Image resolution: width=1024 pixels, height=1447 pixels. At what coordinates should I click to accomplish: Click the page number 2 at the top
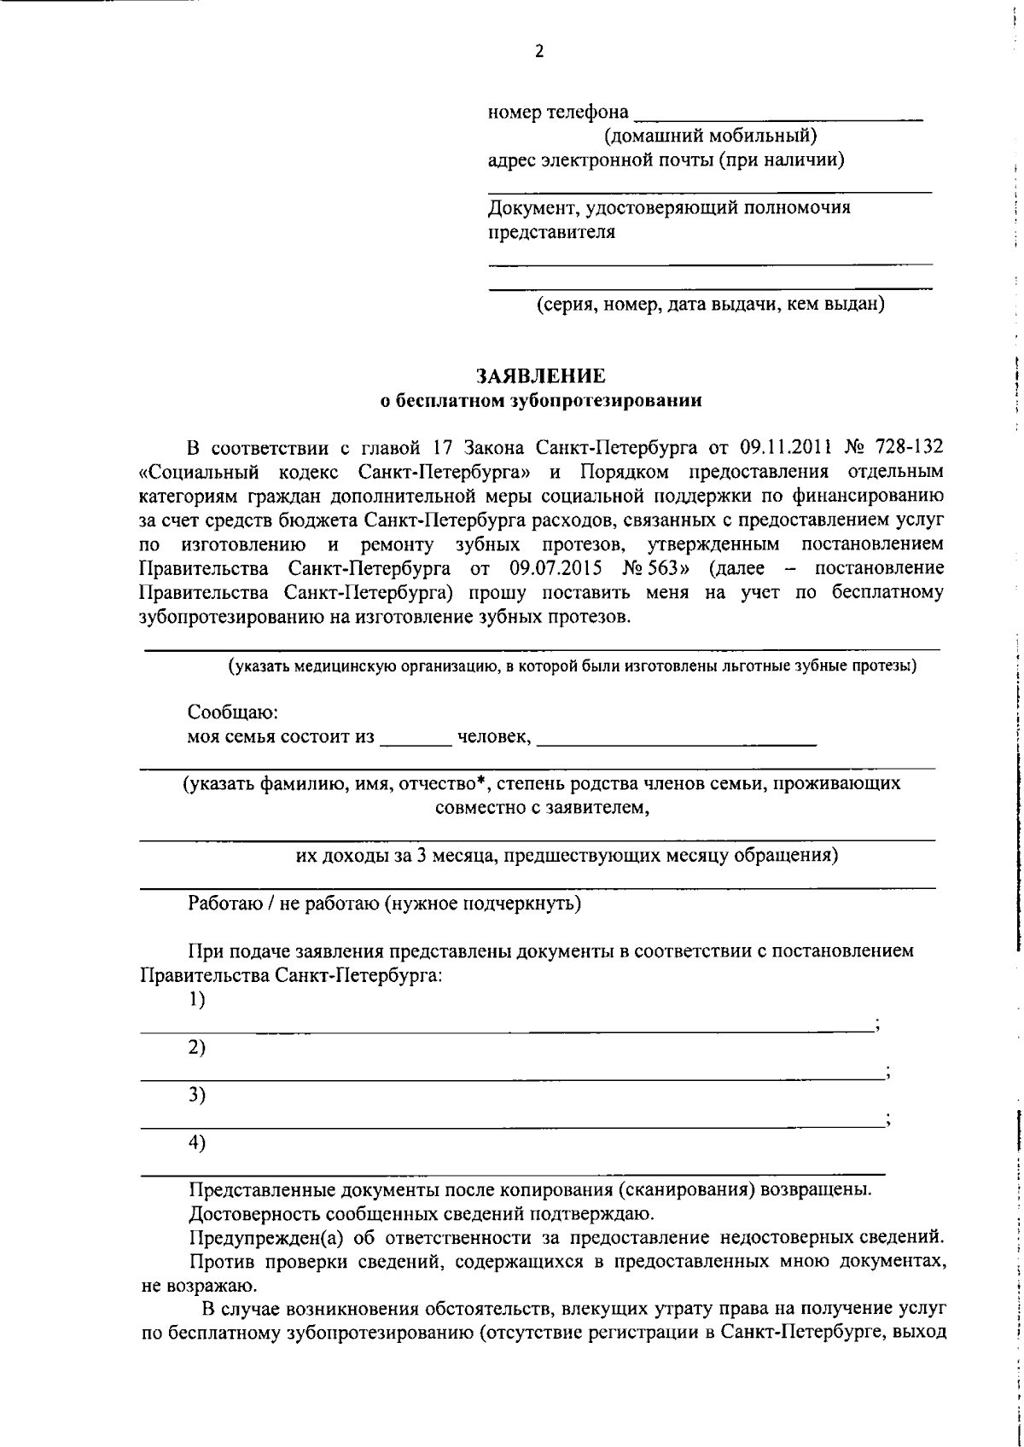[x=538, y=52]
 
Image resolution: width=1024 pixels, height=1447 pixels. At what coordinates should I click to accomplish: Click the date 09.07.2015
[x=550, y=568]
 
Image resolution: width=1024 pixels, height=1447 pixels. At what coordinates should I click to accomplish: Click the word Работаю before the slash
[x=224, y=904]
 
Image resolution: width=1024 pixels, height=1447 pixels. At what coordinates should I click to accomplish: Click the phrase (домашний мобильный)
[x=710, y=135]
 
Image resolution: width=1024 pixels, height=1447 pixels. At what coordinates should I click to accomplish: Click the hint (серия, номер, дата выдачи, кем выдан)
[x=710, y=305]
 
